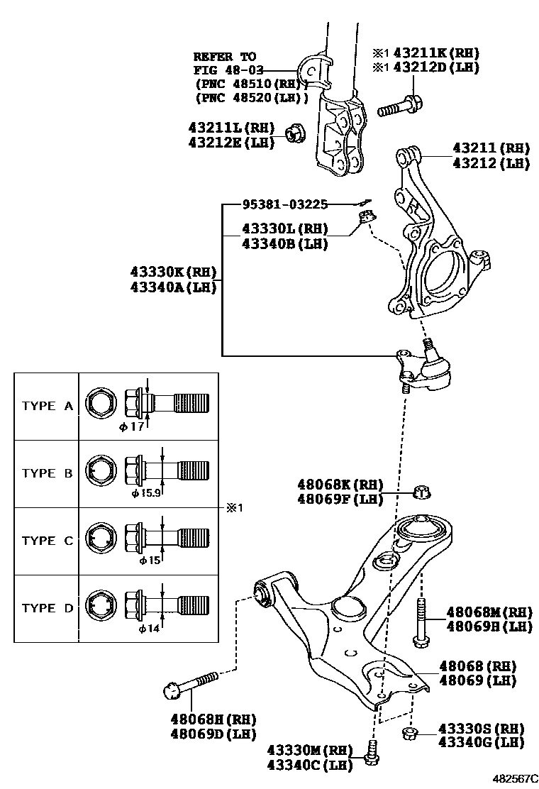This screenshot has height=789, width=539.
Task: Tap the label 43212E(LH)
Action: pos(230,142)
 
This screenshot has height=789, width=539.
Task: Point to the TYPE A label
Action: pos(48,406)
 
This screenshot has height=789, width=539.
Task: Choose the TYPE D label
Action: pos(48,608)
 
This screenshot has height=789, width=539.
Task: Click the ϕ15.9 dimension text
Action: pos(145,492)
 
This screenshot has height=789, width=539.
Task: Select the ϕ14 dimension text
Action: pos(147,627)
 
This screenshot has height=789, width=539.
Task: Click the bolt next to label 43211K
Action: pos(400,108)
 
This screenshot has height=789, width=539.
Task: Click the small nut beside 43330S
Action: pos(408,733)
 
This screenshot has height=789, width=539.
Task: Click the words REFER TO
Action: pos(224,56)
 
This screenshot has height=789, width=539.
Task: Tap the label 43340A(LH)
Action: pos(173,287)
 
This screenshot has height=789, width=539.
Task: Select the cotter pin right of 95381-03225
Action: pos(362,204)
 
